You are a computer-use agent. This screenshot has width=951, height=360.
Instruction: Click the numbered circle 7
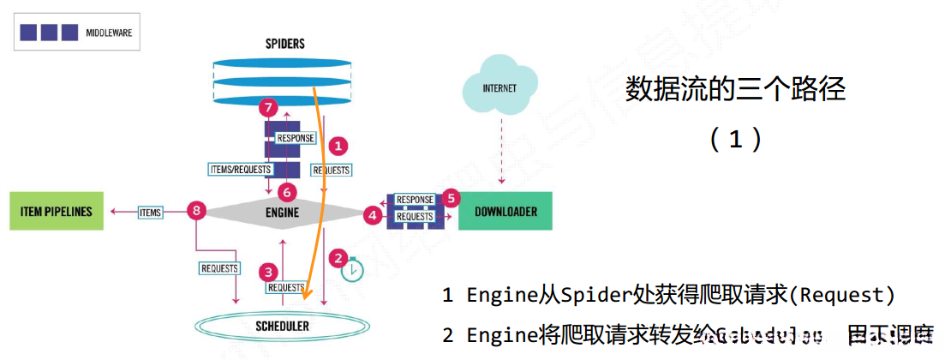pyautogui.click(x=269, y=108)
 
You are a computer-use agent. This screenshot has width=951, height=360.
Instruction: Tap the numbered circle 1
pyautogui.click(x=338, y=146)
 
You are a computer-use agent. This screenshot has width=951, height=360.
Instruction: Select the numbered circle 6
pyautogui.click(x=289, y=193)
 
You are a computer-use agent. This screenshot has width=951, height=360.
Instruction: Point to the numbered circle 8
pyautogui.click(x=197, y=210)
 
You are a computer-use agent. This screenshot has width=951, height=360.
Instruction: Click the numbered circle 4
pyautogui.click(x=372, y=215)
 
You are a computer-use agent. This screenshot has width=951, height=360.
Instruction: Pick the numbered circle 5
pyautogui.click(x=453, y=195)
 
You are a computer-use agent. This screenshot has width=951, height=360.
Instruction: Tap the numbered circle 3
pyautogui.click(x=270, y=273)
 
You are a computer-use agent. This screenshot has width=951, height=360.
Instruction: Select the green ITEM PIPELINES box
pyautogui.click(x=57, y=212)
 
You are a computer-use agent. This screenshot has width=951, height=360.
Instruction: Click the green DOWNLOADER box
pyautogui.click(x=505, y=212)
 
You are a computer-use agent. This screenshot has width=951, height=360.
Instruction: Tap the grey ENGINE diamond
pyautogui.click(x=283, y=211)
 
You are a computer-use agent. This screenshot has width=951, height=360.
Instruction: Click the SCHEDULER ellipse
pyautogui.click(x=282, y=327)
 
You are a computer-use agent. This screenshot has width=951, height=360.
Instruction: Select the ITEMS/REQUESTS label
pyautogui.click(x=240, y=170)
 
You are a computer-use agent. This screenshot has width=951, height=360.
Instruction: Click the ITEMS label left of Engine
pyautogui.click(x=150, y=212)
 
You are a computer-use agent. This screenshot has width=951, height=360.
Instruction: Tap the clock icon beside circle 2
pyautogui.click(x=351, y=270)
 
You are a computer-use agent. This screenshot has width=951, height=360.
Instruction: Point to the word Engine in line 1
pyautogui.click(x=494, y=296)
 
